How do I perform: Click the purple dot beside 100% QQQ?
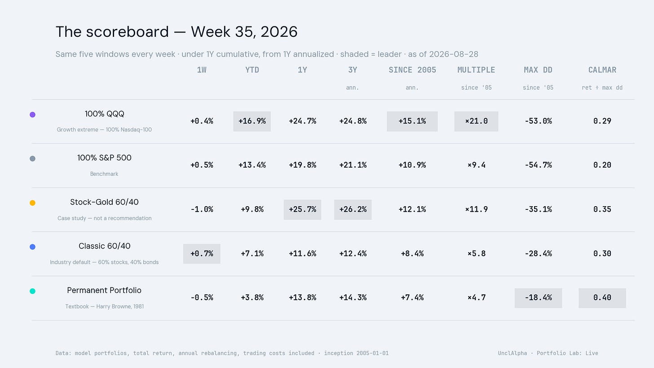[32, 115]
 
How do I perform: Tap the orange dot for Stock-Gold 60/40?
[32, 203]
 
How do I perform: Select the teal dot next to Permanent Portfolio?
[32, 291]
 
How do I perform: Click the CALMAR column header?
[602, 70]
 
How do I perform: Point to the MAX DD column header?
[538, 70]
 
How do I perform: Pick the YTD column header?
[252, 70]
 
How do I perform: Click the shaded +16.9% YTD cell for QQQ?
[252, 121]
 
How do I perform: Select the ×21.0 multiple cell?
[476, 121]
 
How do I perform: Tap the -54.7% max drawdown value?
[538, 165]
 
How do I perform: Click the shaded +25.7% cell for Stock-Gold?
[302, 210]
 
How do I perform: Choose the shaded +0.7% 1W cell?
[202, 254]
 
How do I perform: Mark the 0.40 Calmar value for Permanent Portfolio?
[602, 298]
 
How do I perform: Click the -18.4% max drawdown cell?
[538, 298]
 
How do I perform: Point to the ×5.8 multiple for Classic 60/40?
[477, 253]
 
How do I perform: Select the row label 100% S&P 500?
[104, 158]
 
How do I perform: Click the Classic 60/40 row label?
[104, 246]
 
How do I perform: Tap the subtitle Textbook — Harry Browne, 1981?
[104, 306]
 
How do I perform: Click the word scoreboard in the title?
[127, 31]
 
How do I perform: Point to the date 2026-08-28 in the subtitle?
[453, 54]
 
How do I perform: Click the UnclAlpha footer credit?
[513, 353]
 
